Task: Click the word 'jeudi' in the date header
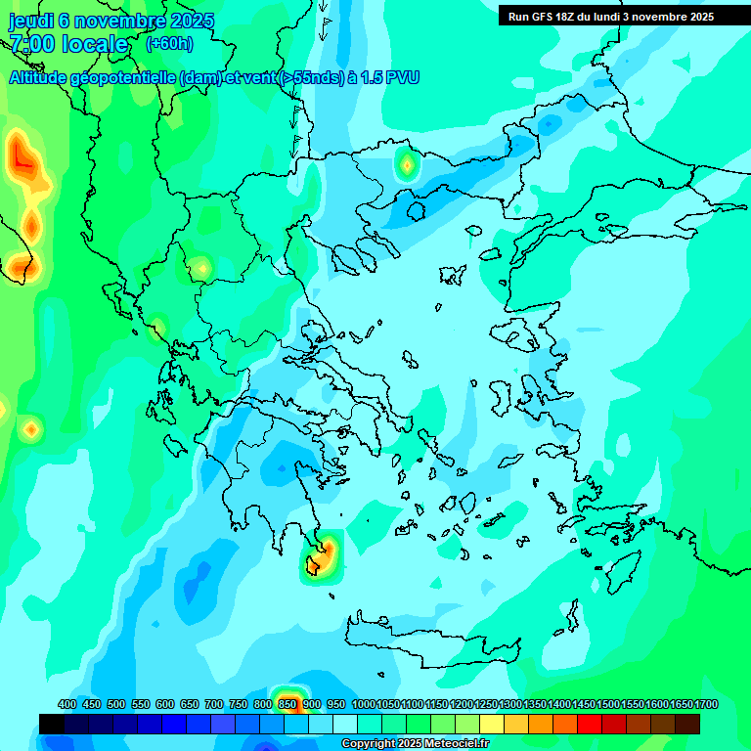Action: (31, 21)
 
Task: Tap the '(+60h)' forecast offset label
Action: (169, 43)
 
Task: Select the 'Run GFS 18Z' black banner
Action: (611, 17)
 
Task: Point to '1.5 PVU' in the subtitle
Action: (390, 77)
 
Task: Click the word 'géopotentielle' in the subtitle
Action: (125, 77)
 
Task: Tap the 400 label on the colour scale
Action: (67, 704)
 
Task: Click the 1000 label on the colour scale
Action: (364, 704)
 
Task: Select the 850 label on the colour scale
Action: (287, 704)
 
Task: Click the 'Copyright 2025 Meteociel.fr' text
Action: (415, 744)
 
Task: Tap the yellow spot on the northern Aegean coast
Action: (406, 165)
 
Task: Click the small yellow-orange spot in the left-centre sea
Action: (31, 428)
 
